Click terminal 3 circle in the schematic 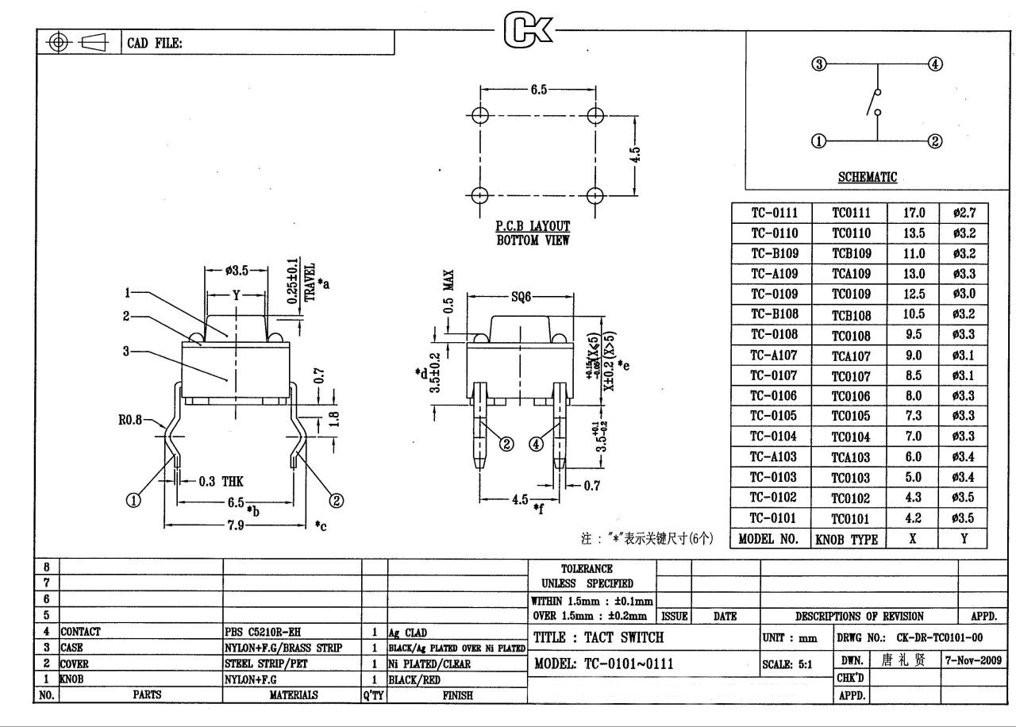pos(819,64)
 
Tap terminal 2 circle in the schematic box pos(935,141)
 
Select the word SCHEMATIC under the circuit pos(868,177)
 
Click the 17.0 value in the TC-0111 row pos(914,213)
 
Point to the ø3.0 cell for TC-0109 pos(964,294)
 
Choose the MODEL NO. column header pos(768,539)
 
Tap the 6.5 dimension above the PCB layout pos(538,90)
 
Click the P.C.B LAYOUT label pos(533,227)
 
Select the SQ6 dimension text pos(521,298)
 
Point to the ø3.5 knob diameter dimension pos(237,271)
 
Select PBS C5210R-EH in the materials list pos(263,633)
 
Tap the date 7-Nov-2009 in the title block pos(973,660)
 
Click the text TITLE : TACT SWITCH pos(598,637)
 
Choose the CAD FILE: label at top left pos(156,44)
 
